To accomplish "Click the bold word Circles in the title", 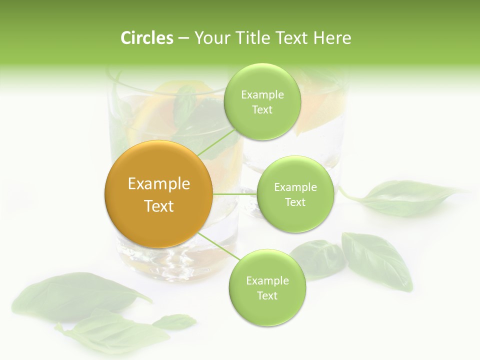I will pos(147,38).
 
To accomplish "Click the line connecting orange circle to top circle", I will pos(216,141).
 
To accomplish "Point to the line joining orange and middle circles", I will pos(234,194).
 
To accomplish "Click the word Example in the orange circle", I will pos(158,184).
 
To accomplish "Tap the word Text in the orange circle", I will pos(158,206).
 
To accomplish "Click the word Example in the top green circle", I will pos(262,95).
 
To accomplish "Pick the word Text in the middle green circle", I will pos(295,202).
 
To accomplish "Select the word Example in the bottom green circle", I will pos(267,280).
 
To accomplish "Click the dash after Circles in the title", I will pos(183,38).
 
